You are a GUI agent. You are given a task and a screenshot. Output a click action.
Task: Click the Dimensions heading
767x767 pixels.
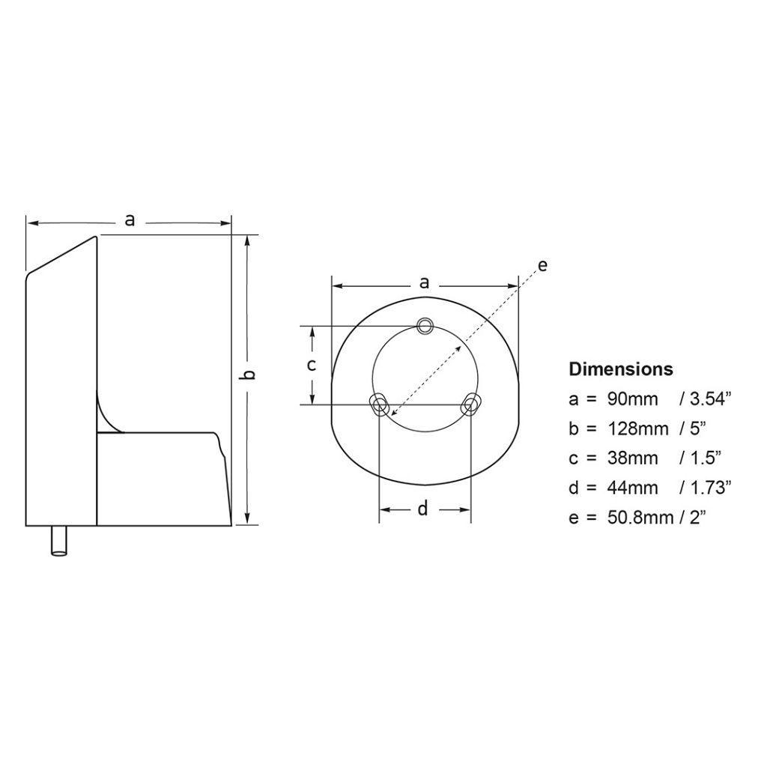pyautogui.click(x=621, y=369)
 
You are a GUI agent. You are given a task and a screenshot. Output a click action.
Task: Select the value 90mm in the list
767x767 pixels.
pyautogui.click(x=631, y=399)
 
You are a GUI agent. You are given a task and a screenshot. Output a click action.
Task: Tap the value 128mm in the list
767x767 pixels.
pyautogui.click(x=636, y=428)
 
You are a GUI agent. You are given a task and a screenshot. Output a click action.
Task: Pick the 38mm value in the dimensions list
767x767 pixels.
pyautogui.click(x=631, y=458)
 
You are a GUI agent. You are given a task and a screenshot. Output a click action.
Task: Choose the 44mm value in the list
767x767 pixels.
pyautogui.click(x=631, y=488)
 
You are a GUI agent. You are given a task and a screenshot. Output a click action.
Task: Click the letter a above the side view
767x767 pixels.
pyautogui.click(x=130, y=220)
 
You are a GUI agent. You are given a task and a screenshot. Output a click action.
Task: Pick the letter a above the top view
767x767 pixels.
pyautogui.click(x=425, y=283)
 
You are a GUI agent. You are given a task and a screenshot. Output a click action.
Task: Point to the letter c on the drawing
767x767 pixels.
pyautogui.click(x=312, y=366)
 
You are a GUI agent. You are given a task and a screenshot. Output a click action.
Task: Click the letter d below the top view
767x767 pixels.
pyautogui.click(x=422, y=509)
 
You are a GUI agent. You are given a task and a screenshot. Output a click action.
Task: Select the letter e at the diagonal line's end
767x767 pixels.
pyautogui.click(x=542, y=265)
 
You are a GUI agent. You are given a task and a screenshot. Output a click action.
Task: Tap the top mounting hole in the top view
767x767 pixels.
pyautogui.click(x=425, y=325)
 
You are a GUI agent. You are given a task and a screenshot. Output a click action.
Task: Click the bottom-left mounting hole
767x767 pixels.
pyautogui.click(x=380, y=405)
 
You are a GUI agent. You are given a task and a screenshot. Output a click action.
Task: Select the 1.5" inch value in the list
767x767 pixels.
pyautogui.click(x=700, y=458)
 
